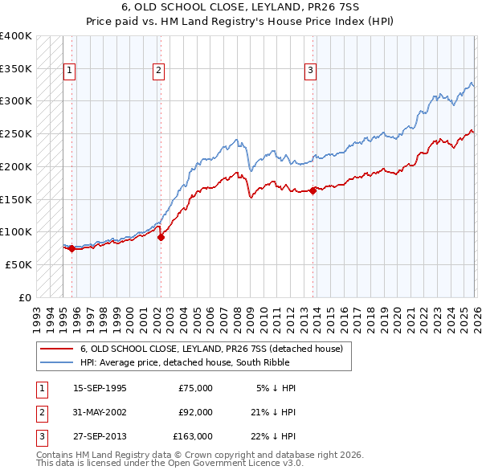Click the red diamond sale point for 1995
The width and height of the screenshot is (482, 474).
(x=72, y=248)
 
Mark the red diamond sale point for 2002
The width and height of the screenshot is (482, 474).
(x=161, y=237)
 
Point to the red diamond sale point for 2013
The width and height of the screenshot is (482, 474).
(x=312, y=190)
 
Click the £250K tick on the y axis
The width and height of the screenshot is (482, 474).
(x=16, y=134)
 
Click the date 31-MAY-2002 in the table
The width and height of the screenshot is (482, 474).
(x=100, y=412)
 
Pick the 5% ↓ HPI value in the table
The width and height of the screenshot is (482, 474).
(x=276, y=388)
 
